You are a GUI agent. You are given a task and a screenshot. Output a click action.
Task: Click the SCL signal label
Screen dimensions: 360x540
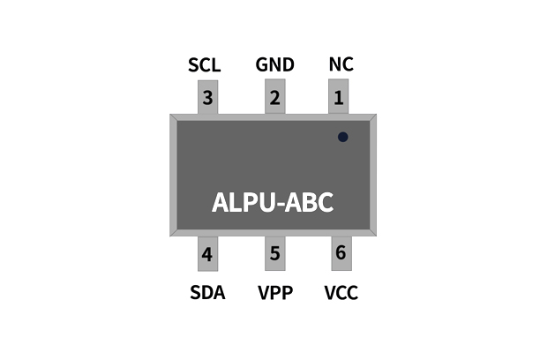pos(204,66)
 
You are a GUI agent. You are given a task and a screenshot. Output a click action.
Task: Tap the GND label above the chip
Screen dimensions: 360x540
pos(274,66)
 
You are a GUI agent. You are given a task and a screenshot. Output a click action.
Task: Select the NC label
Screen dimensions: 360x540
pos(341,66)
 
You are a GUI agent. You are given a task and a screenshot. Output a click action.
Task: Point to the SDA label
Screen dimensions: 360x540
pos(207,293)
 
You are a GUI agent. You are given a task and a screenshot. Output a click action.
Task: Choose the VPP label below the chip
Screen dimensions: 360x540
pos(274,293)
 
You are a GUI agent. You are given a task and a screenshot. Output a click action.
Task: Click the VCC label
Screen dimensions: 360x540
pos(341,293)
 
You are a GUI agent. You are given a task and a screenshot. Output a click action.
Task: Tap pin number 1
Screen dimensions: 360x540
pos(340,98)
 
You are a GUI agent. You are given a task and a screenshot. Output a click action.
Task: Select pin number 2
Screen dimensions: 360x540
pos(274,98)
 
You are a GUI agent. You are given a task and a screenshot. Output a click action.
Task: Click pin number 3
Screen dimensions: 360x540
pos(207,98)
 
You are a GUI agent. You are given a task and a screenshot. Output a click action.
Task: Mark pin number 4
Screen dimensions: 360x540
pos(207,255)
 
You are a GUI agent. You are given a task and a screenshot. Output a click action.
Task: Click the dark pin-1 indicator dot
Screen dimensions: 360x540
pos(342,137)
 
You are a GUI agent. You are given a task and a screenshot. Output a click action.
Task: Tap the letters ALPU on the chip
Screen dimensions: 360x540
pos(242,203)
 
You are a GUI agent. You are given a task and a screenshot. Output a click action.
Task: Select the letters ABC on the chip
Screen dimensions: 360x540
pos(311,203)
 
